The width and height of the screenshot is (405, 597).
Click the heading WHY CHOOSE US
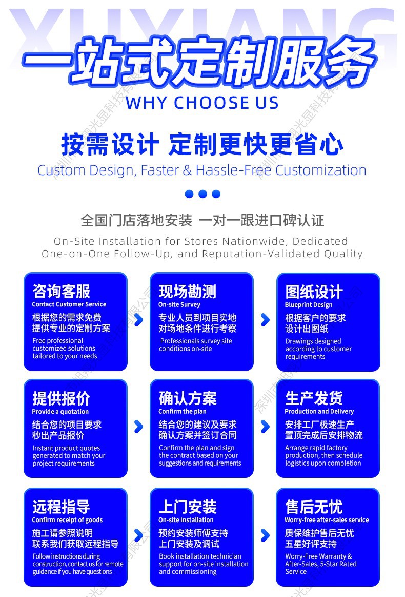(x=202, y=103)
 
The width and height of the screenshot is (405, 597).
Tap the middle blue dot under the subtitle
(x=202, y=194)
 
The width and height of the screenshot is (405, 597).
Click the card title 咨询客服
(x=61, y=291)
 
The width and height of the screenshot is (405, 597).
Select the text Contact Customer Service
(x=69, y=304)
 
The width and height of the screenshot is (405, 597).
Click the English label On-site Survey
(x=179, y=305)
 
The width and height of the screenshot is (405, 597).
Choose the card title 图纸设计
(x=314, y=292)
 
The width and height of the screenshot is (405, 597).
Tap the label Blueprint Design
(x=309, y=305)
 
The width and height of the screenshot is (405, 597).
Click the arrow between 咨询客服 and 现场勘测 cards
(x=138, y=320)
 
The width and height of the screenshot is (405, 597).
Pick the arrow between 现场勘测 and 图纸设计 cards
(x=265, y=320)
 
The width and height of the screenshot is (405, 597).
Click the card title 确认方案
(x=187, y=398)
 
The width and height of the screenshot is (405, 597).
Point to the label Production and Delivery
(x=319, y=412)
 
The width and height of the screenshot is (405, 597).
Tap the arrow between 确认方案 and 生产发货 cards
(x=265, y=427)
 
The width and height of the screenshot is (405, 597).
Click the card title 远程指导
(x=61, y=507)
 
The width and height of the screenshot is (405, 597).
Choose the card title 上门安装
(x=187, y=507)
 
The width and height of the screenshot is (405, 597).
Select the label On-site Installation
(x=186, y=520)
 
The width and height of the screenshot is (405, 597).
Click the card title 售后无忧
(x=314, y=507)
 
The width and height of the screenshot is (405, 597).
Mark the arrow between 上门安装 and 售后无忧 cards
(x=265, y=535)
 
